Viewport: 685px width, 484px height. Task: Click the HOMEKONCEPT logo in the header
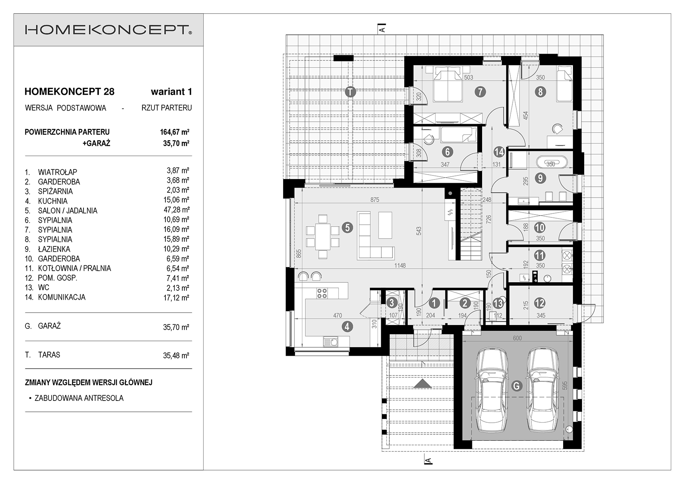pyautogui.click(x=109, y=30)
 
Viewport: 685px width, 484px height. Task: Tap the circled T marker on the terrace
pyautogui.click(x=351, y=92)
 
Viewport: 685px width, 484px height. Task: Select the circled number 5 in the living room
pyautogui.click(x=347, y=227)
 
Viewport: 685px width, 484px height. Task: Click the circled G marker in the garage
pyautogui.click(x=516, y=386)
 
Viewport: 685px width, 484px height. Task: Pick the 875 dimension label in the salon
pyautogui.click(x=375, y=200)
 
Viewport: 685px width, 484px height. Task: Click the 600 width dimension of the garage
pyautogui.click(x=517, y=338)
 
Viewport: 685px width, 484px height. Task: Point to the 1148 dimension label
pyautogui.click(x=400, y=266)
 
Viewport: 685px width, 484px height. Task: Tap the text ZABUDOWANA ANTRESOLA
pyautogui.click(x=79, y=398)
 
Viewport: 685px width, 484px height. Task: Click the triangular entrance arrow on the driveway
pyautogui.click(x=422, y=384)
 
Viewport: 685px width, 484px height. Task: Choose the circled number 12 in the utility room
pyautogui.click(x=540, y=303)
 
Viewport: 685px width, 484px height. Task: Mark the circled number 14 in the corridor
pyautogui.click(x=499, y=152)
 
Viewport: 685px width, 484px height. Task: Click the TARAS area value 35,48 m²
pyautogui.click(x=176, y=355)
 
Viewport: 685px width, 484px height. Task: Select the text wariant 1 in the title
pyautogui.click(x=171, y=92)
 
